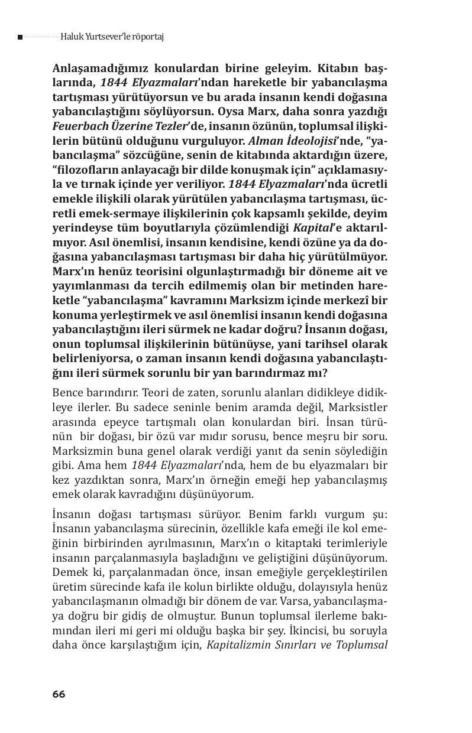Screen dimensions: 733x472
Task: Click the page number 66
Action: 58,694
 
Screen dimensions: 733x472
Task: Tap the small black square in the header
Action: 20,37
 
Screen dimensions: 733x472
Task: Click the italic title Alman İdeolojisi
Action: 283,140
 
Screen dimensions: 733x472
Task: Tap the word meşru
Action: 330,436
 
